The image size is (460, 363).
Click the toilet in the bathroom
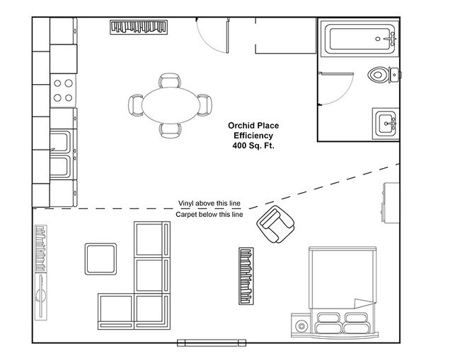click(x=382, y=73)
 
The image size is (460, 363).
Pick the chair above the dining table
click(x=169, y=81)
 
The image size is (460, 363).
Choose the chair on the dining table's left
click(x=136, y=106)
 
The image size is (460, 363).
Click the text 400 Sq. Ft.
click(x=252, y=145)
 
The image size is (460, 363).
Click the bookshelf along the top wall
click(x=140, y=27)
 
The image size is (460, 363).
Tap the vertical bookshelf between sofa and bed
click(x=245, y=274)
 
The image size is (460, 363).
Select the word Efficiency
click(x=253, y=135)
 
